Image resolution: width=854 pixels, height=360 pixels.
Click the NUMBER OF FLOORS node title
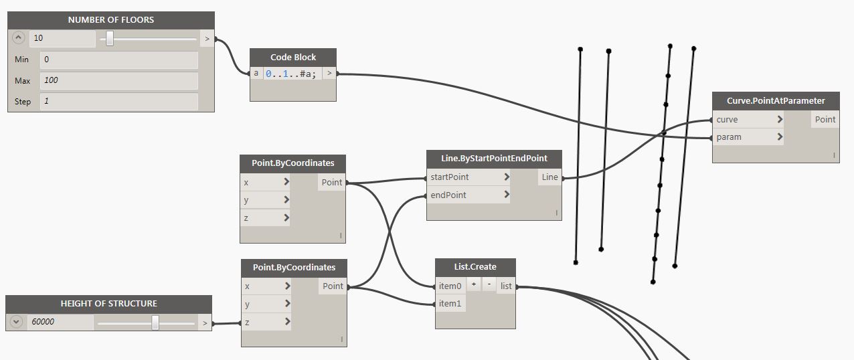click(x=111, y=20)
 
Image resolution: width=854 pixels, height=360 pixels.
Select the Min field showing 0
click(x=118, y=60)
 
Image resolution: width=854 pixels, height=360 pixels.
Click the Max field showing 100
click(x=118, y=80)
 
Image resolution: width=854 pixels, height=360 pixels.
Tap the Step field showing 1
click(x=118, y=102)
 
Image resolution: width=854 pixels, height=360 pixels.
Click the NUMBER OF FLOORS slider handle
click(x=110, y=39)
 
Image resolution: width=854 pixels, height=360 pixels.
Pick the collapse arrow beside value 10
click(x=18, y=37)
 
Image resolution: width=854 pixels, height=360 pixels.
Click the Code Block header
click(x=292, y=57)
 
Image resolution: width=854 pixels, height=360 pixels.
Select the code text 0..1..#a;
click(x=291, y=74)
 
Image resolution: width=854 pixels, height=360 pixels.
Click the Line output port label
click(x=549, y=177)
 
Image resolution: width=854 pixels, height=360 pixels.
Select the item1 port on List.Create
click(x=450, y=304)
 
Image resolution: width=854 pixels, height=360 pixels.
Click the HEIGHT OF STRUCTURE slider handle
click(x=155, y=323)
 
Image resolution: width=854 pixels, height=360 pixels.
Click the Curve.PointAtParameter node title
click(x=776, y=100)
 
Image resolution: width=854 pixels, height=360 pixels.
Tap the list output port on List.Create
click(x=506, y=286)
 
